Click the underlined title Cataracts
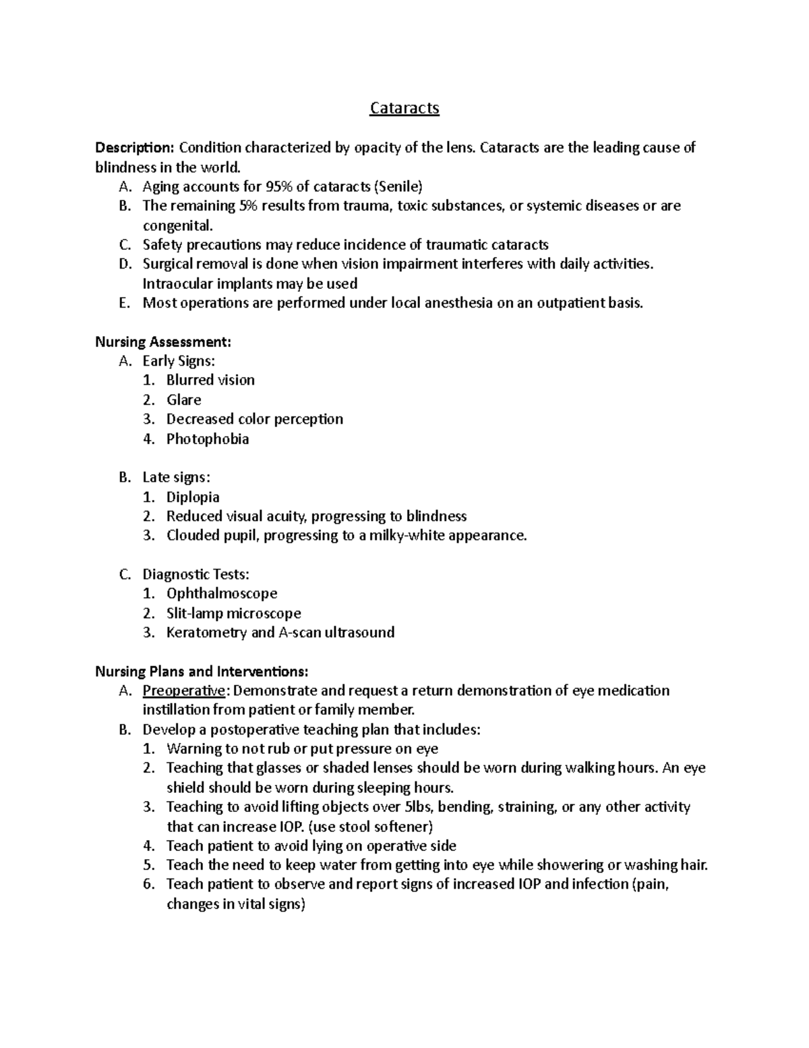click(x=404, y=108)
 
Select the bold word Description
click(x=134, y=148)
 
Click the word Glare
click(x=184, y=400)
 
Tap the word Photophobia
click(x=208, y=439)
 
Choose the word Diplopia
click(x=193, y=497)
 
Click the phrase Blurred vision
click(x=210, y=381)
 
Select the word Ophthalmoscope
click(x=222, y=594)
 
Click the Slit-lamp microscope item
click(x=233, y=613)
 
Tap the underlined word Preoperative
click(x=183, y=691)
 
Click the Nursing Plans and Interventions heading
click(x=202, y=671)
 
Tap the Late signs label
click(x=176, y=478)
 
